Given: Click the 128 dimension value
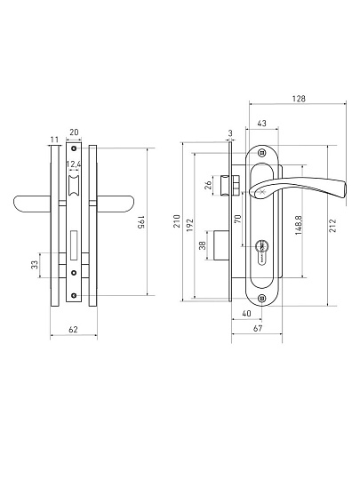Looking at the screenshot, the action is coord(299,99).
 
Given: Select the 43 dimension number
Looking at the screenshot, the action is coord(261,124).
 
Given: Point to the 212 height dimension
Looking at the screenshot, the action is coord(332,225).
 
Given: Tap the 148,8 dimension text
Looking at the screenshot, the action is coord(299,225).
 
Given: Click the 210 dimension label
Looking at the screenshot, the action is coord(177,221).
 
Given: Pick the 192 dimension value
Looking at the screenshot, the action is coord(190,225).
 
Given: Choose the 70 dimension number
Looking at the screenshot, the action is coord(238,219).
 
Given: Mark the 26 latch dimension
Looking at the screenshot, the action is coord(208,185).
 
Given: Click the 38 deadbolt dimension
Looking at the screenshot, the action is coord(203,245).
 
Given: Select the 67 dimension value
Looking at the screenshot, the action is coord(258,328).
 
